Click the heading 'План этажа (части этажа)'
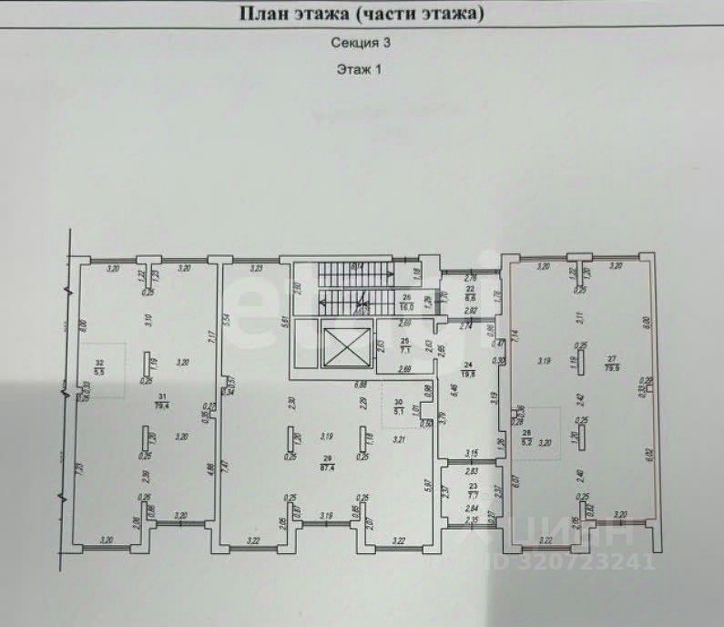point(361,14)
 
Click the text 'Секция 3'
point(362,42)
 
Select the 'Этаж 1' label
point(362,70)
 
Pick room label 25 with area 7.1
point(405,345)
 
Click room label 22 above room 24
point(471,293)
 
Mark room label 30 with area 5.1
point(397,406)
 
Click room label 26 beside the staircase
point(407,303)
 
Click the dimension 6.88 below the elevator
point(361,385)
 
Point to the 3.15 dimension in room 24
point(472,453)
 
